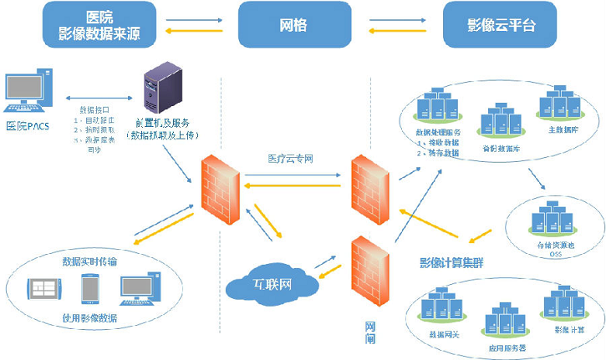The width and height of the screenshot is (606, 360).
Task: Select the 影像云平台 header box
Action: pyautogui.click(x=501, y=25)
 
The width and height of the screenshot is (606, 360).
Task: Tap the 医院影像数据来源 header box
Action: pyautogui.click(x=89, y=25)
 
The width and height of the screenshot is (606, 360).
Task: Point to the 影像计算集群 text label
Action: pyautogui.click(x=452, y=262)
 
